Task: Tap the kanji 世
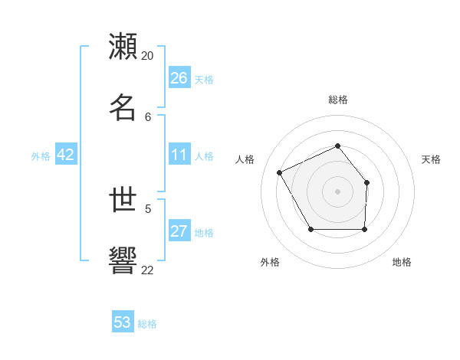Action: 123,200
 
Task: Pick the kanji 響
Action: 123,261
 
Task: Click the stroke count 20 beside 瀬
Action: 148,56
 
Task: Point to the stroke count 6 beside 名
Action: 148,116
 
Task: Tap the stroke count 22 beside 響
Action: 148,270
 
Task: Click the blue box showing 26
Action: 179,78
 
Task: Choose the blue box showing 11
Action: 179,155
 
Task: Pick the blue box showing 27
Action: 179,231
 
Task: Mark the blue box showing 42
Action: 66,155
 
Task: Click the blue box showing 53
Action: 123,322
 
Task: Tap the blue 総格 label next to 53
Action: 147,324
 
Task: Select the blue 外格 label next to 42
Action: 41,156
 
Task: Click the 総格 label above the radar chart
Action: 338,100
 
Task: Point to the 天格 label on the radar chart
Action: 431,159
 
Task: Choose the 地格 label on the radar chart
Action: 402,262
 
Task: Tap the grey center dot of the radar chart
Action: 337,191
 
